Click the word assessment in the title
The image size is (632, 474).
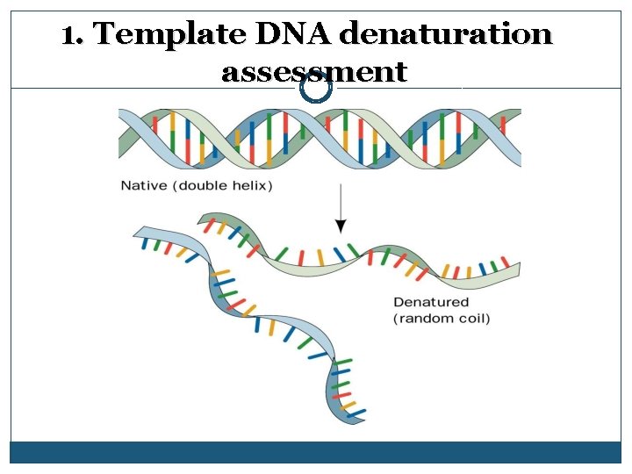point(314,72)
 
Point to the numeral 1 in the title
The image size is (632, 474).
point(70,35)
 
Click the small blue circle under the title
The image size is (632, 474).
point(316,88)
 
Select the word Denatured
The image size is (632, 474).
point(431,303)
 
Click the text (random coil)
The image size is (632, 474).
point(442,318)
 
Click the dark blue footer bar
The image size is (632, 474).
point(316,452)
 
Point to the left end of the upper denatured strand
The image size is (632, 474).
point(204,219)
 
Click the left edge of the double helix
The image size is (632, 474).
point(122,138)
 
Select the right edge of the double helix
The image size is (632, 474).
point(518,138)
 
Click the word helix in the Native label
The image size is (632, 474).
point(252,185)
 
